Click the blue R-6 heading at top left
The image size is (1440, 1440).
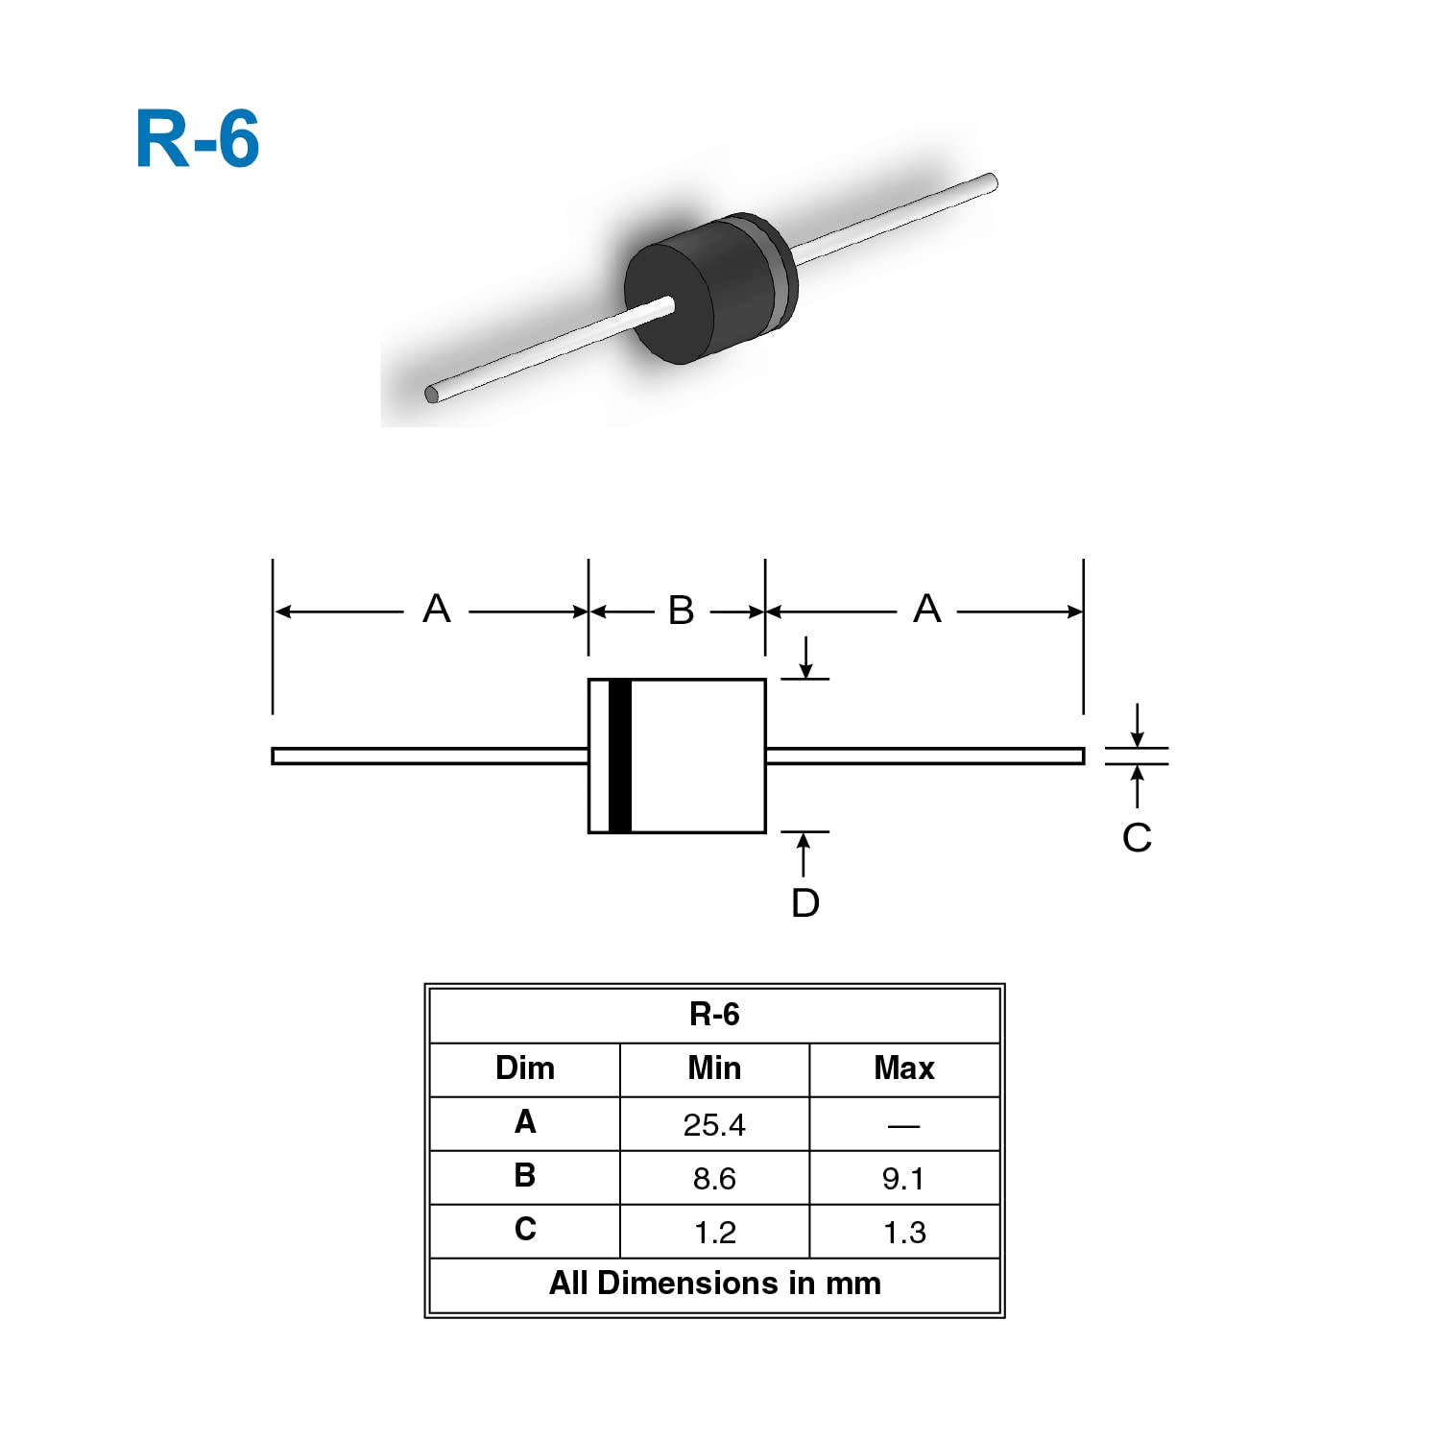tap(198, 139)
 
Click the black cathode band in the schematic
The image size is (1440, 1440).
tap(620, 756)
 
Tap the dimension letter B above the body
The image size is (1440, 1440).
tap(681, 611)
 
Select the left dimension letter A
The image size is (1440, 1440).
tap(437, 609)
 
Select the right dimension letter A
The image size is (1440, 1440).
tap(926, 609)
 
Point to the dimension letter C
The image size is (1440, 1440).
tap(1137, 837)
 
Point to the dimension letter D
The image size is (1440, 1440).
tap(805, 902)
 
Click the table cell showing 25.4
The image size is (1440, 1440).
tap(714, 1124)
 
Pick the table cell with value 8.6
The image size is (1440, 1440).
tap(714, 1178)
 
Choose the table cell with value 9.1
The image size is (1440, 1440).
tap(903, 1178)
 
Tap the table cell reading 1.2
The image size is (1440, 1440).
tap(714, 1232)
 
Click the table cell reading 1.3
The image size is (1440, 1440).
tap(903, 1232)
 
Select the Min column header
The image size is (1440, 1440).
tap(714, 1068)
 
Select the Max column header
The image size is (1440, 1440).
tap(903, 1068)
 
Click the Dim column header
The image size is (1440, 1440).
tap(525, 1068)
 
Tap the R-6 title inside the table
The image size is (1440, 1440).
tap(714, 1014)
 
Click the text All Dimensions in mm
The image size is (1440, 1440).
tap(714, 1283)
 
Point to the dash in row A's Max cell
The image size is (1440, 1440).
tap(903, 1125)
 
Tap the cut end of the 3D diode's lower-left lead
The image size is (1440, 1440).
tap(432, 394)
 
